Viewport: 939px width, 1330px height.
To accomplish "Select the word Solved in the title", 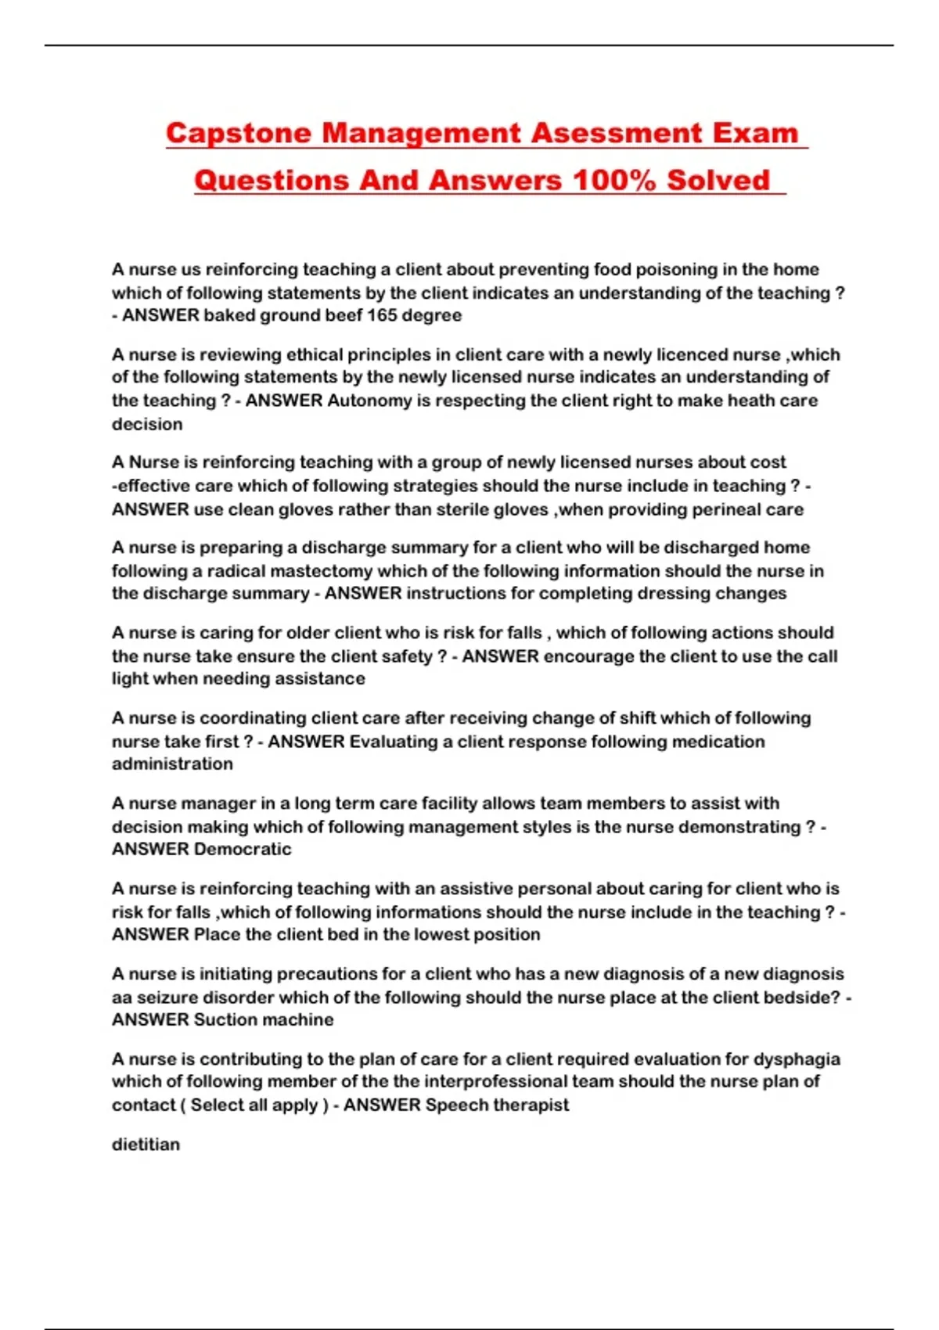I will [718, 181].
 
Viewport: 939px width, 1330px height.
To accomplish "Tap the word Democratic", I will [243, 849].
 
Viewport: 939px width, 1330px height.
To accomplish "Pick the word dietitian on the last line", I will [146, 1145].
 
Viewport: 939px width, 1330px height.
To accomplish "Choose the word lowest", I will [441, 934].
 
